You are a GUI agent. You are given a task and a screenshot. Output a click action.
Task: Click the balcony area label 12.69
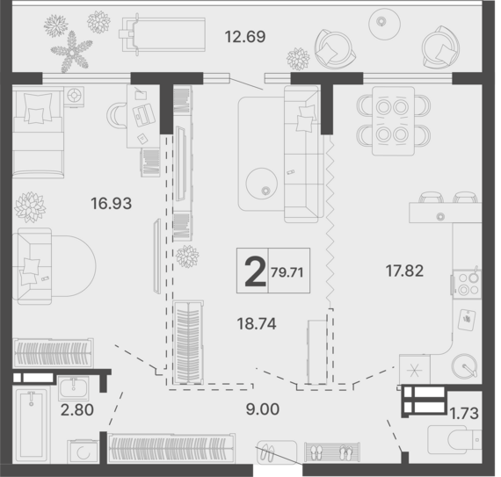point(245,37)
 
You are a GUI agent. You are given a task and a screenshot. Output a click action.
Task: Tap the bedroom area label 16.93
point(112,204)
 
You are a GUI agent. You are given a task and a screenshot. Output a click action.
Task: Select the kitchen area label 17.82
point(404,271)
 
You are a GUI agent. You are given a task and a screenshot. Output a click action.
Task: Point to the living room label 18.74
point(257,324)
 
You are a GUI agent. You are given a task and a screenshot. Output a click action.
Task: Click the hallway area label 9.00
point(263,409)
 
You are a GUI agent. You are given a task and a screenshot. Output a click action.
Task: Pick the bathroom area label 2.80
point(77,410)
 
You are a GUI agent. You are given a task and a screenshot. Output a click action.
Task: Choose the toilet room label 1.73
point(464,414)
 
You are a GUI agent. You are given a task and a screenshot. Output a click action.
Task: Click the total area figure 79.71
point(287,272)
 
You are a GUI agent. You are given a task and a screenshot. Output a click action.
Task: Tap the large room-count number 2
point(255,272)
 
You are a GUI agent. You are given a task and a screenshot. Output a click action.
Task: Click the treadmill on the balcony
point(163,34)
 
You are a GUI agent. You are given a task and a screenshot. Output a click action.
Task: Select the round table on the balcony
point(385,24)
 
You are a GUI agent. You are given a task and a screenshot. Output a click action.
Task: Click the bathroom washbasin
point(74,388)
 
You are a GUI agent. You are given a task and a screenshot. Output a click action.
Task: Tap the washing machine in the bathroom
point(83,452)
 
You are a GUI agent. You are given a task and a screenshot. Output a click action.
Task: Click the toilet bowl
point(454,439)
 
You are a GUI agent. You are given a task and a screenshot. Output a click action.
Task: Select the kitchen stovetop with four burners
point(467,285)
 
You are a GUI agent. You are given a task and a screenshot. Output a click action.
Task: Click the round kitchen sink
point(465,366)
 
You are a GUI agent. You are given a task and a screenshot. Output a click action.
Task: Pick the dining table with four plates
point(393,121)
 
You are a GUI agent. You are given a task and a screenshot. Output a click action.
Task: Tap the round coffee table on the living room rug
point(262,184)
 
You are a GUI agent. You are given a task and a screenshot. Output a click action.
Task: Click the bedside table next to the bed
point(74,96)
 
